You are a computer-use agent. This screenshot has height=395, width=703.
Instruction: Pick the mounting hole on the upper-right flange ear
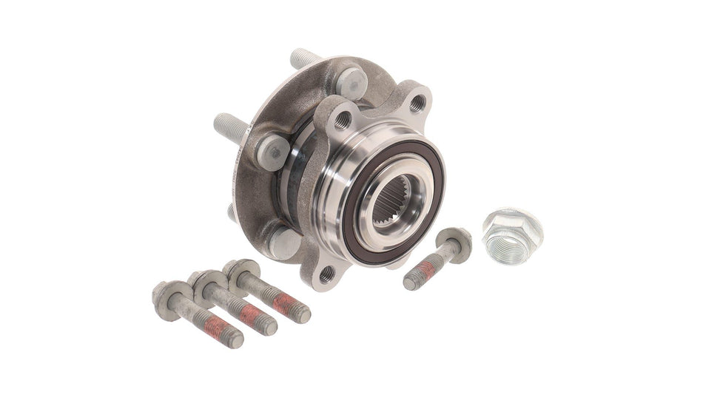[418, 103]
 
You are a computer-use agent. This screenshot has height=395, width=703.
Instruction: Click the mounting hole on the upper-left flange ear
[342, 119]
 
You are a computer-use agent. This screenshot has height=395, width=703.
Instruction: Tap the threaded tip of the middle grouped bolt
[268, 325]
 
